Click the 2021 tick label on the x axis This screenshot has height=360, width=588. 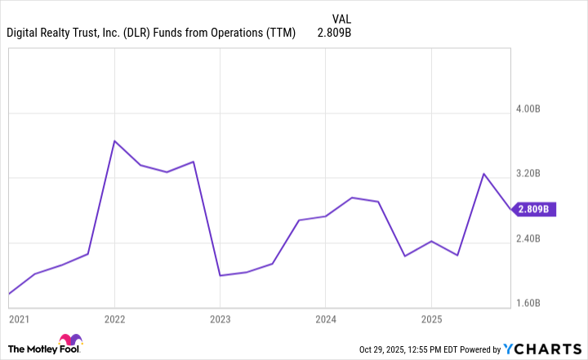click(x=18, y=318)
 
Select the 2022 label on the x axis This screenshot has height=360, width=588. click(x=114, y=318)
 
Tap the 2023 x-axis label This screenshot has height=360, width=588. click(x=220, y=318)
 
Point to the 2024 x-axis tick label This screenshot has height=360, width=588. click(x=326, y=318)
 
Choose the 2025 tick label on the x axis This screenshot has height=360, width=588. click(x=431, y=318)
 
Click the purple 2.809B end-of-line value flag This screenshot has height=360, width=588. click(x=535, y=209)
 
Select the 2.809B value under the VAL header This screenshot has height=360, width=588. click(x=335, y=33)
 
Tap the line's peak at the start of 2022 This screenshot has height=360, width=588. click(x=114, y=141)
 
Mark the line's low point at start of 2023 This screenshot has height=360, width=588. click(x=220, y=275)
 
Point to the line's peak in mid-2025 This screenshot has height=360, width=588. click(x=483, y=174)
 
